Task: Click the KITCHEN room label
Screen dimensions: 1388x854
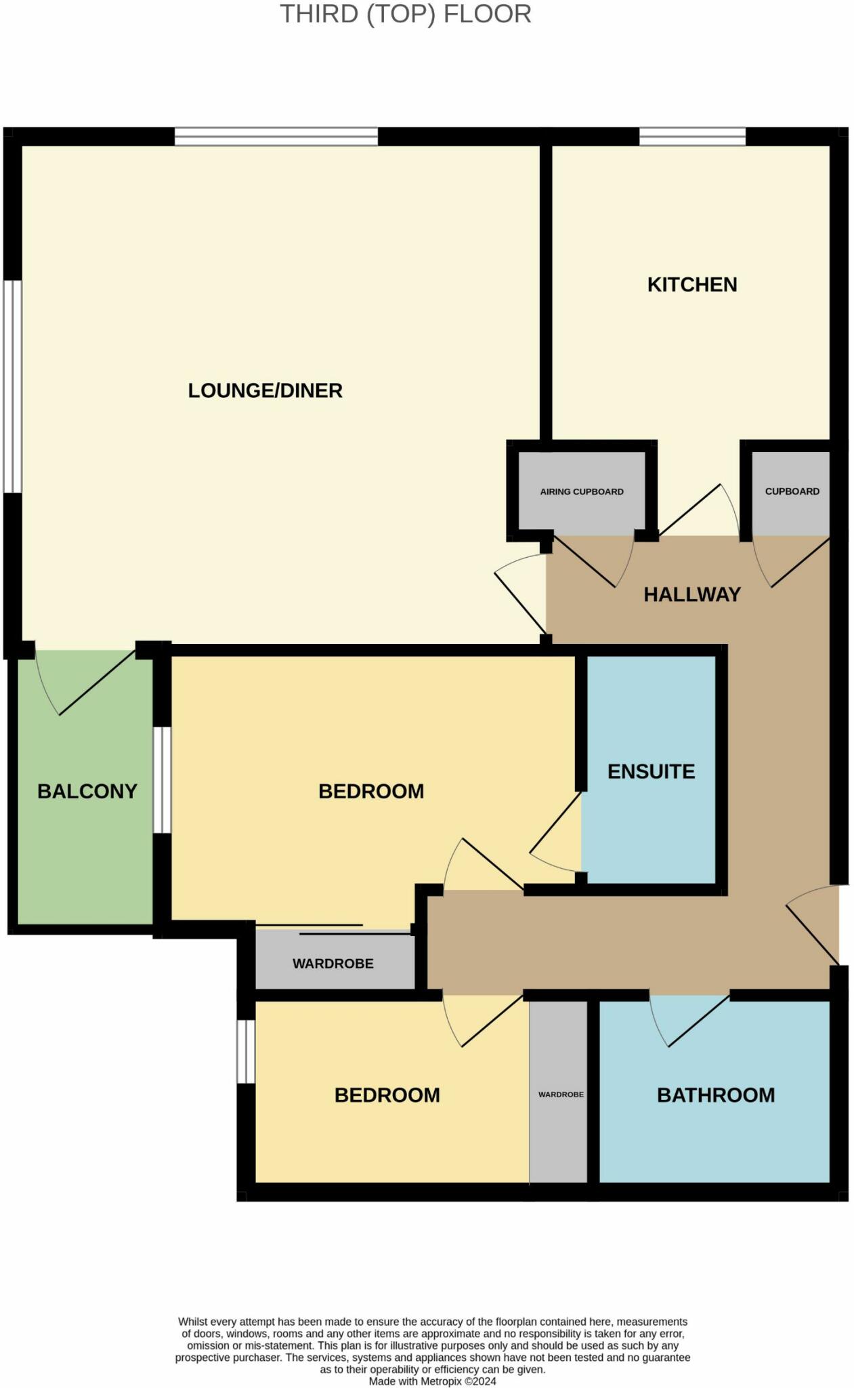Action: [691, 285]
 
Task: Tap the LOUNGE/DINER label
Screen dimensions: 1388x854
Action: [265, 390]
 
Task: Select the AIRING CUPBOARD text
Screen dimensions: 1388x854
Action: [581, 491]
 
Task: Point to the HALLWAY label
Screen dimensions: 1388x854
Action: [691, 594]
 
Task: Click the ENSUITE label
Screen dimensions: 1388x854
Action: [651, 771]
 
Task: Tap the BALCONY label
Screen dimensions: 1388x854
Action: [87, 791]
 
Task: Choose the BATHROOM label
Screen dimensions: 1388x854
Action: [715, 1095]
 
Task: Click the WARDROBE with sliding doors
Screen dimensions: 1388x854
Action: [333, 962]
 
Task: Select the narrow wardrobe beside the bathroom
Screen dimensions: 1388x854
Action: [559, 1094]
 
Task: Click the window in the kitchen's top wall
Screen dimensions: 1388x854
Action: [691, 137]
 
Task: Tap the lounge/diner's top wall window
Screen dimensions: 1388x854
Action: [276, 137]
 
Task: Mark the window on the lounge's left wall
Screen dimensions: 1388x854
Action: [12, 386]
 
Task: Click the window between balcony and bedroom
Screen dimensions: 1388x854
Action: [161, 779]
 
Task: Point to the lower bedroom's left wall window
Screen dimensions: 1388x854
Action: [245, 1051]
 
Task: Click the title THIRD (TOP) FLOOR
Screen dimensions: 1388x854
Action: [405, 15]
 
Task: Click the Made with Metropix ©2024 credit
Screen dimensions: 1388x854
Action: [432, 1381]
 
